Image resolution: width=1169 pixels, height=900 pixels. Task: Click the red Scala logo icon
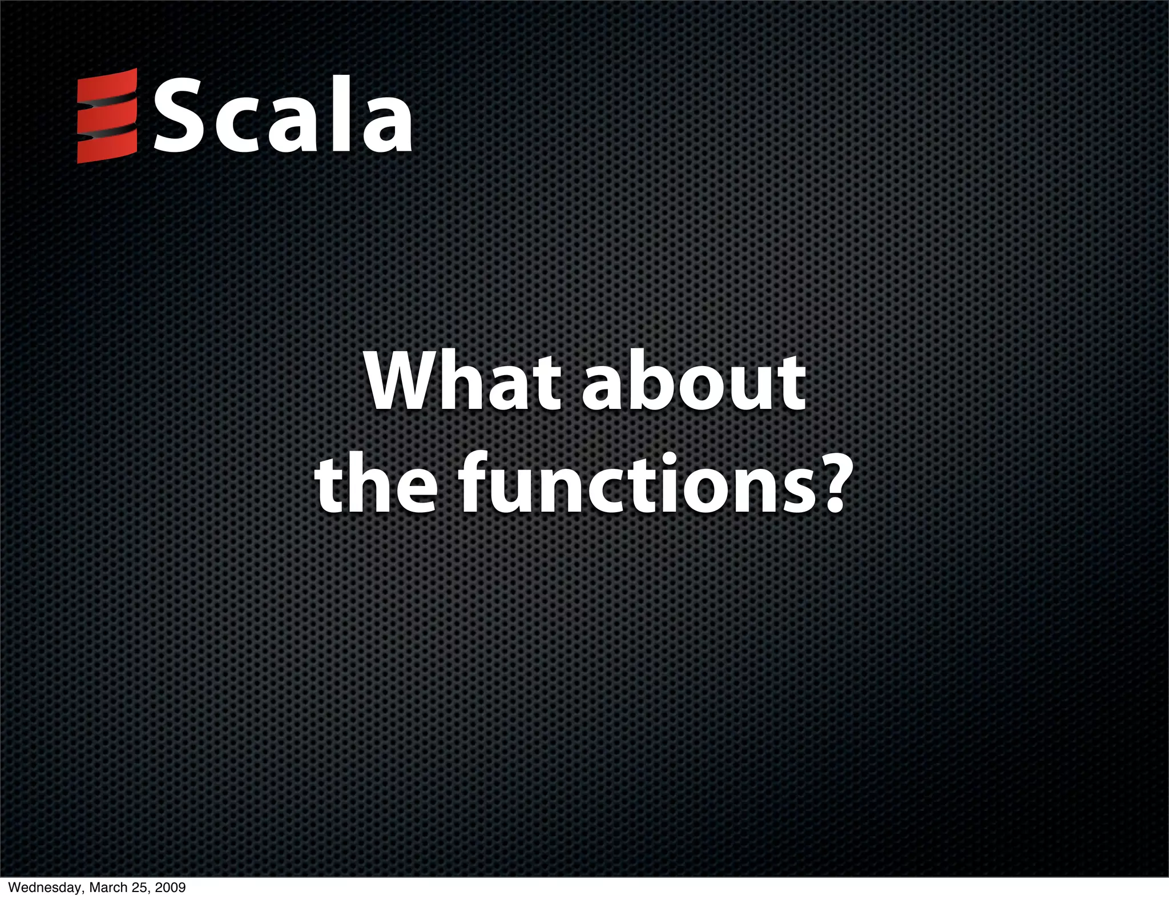pos(107,116)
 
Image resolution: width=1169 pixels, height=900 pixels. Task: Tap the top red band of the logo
pos(107,86)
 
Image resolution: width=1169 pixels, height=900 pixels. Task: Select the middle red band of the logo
pos(107,117)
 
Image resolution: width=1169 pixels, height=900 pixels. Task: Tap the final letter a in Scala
pos(385,126)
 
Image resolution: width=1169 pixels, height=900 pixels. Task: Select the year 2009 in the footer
pos(170,887)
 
